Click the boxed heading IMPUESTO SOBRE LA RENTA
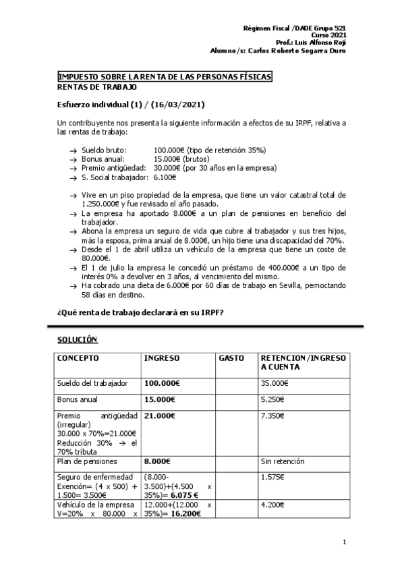pyautogui.click(x=165, y=77)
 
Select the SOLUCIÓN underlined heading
pyautogui.click(x=77, y=339)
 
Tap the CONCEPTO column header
pyautogui.click(x=78, y=358)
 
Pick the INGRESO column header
pyautogui.click(x=161, y=358)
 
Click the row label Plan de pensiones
pyautogui.click(x=87, y=462)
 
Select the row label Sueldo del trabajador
pyautogui.click(x=92, y=383)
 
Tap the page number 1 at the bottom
pyautogui.click(x=344, y=542)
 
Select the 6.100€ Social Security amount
pyautogui.click(x=165, y=177)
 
